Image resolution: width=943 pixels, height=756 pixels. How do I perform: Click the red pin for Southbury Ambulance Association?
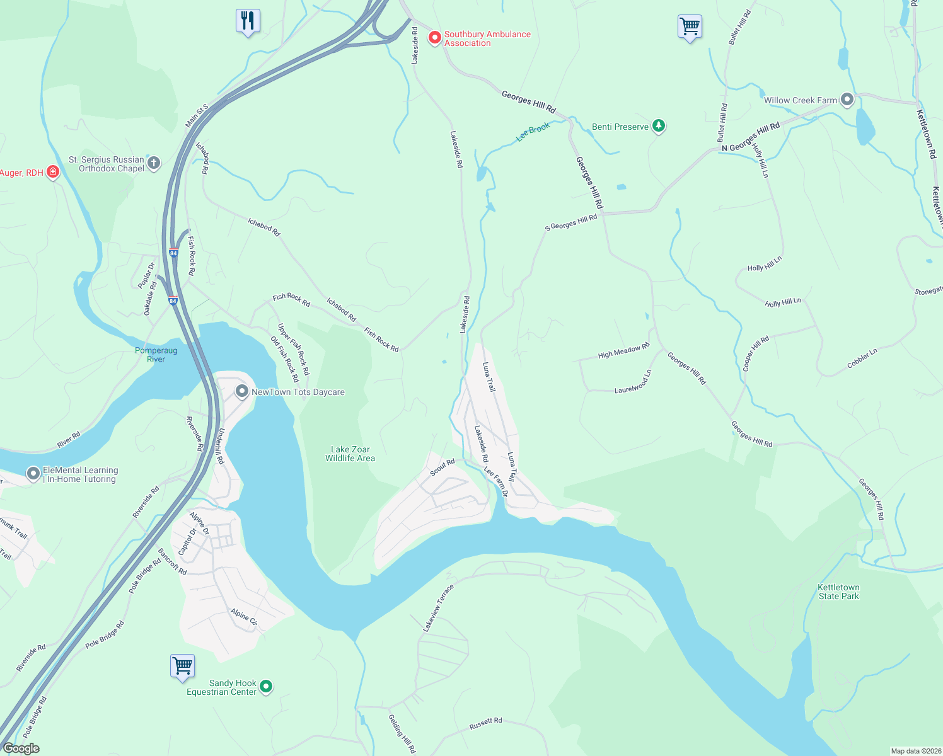(x=434, y=38)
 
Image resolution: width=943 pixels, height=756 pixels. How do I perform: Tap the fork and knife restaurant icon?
(x=248, y=21)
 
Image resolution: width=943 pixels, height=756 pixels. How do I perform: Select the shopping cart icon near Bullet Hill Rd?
(x=690, y=27)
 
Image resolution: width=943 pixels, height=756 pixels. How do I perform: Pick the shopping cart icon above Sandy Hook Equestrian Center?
(x=182, y=666)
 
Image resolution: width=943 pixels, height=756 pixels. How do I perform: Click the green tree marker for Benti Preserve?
(x=658, y=126)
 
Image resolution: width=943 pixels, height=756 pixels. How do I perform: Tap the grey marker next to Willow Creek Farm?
(x=847, y=100)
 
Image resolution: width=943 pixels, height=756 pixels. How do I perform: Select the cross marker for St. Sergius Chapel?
(x=153, y=163)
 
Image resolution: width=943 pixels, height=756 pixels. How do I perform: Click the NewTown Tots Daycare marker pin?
(x=241, y=391)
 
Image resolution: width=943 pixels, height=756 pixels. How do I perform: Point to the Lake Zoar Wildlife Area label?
(x=350, y=454)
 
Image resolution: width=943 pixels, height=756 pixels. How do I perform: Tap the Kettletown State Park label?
(x=838, y=592)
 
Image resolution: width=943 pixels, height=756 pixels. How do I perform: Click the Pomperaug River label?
(x=156, y=355)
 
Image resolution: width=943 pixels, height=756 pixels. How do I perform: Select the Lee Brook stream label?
(x=533, y=132)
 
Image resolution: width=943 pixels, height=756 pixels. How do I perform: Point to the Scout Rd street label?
(x=443, y=467)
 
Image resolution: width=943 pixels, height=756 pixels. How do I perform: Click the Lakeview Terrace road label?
(x=438, y=608)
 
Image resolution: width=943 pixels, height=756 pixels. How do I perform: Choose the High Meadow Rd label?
(x=623, y=352)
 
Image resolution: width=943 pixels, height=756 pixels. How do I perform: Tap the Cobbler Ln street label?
(x=862, y=358)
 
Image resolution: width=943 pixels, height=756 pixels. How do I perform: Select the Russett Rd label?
(x=485, y=724)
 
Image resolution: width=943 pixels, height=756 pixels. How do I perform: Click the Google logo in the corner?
(x=21, y=748)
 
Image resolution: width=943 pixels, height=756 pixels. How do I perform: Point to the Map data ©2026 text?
(x=914, y=751)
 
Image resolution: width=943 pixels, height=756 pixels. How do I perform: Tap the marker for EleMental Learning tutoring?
(x=33, y=473)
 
